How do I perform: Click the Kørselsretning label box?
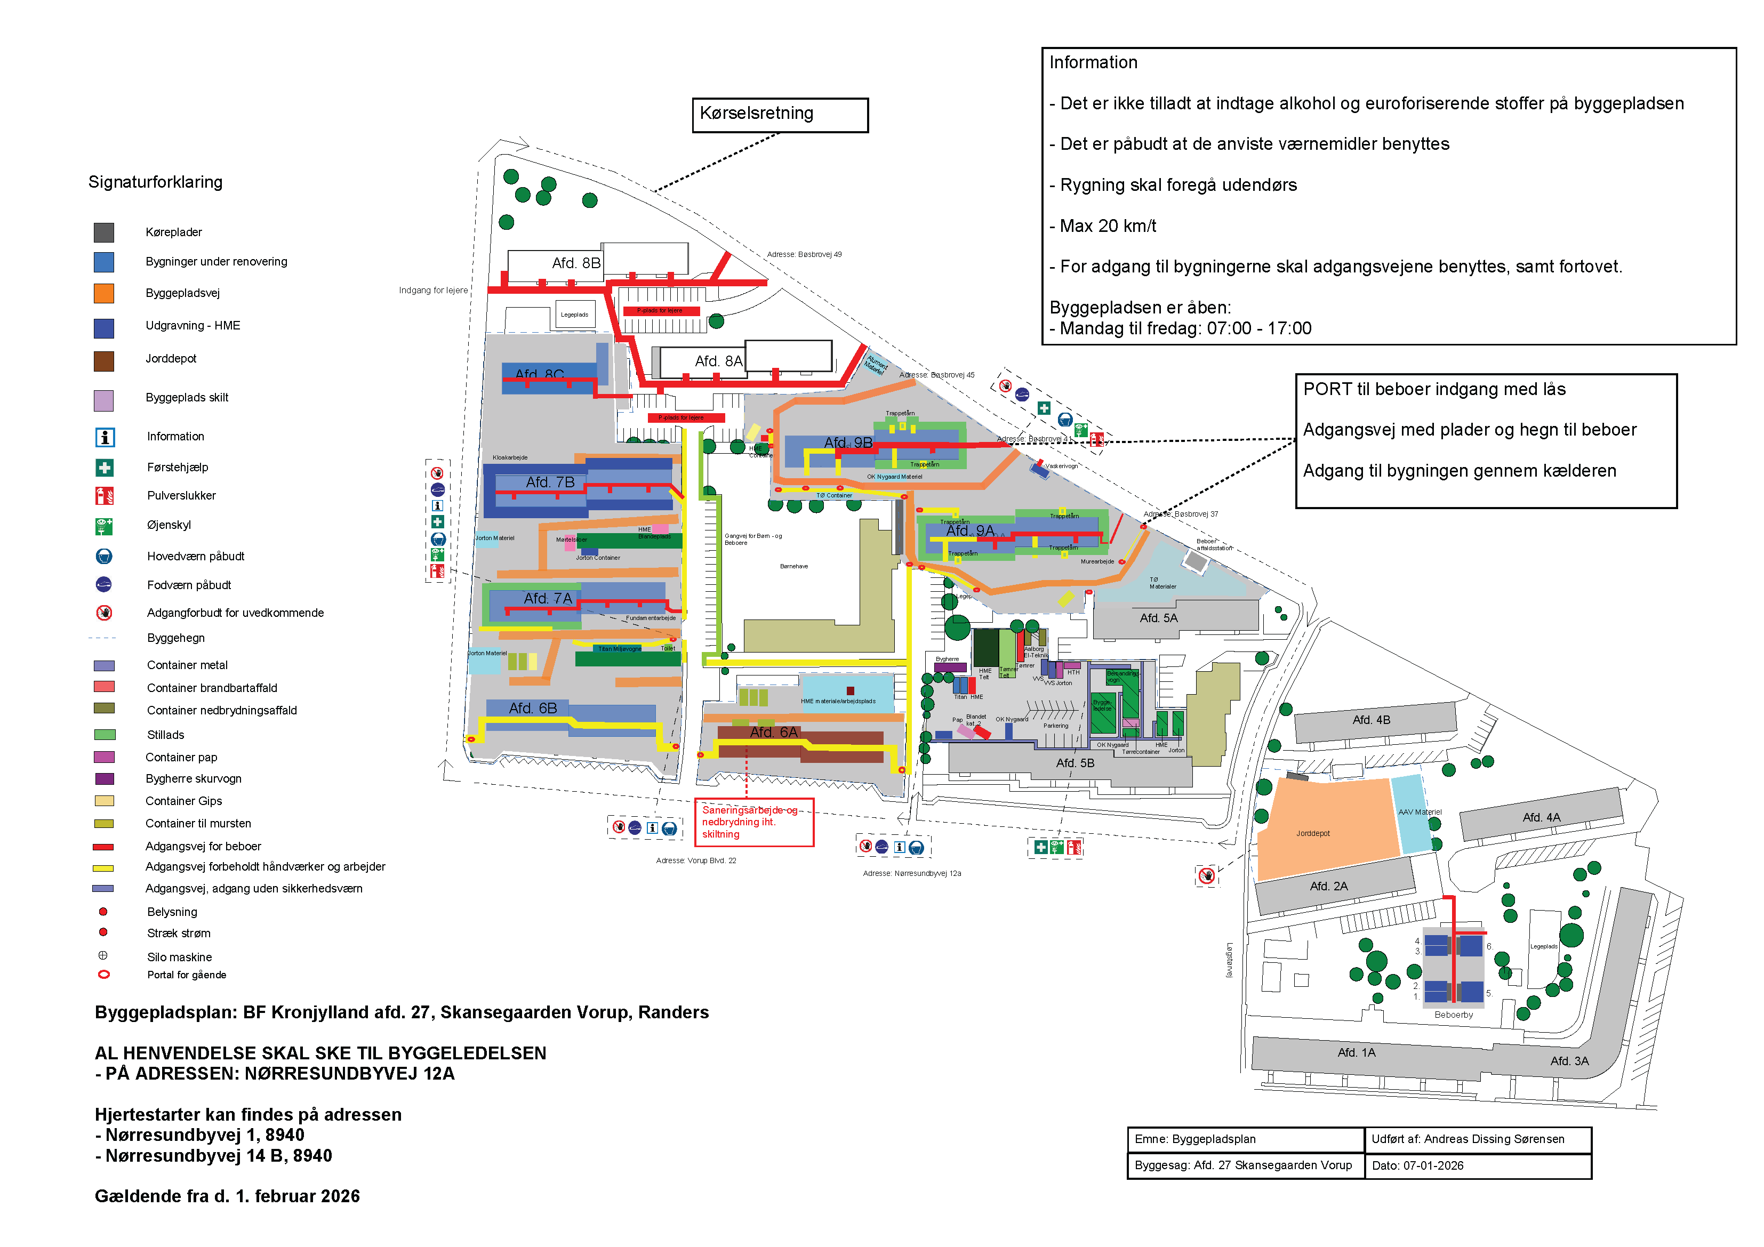point(779,115)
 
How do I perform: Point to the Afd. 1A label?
point(1356,1052)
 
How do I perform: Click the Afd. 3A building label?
point(1569,1061)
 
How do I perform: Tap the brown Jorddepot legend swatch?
point(104,361)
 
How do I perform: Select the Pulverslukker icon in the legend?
point(105,496)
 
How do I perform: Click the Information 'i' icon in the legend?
point(105,437)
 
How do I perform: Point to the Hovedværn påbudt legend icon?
point(105,556)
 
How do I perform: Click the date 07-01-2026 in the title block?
point(1433,1165)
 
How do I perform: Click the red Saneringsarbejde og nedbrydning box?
point(753,822)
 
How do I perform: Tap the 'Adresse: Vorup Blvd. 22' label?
point(695,860)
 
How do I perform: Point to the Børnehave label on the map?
point(793,566)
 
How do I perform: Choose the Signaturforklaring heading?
point(155,182)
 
